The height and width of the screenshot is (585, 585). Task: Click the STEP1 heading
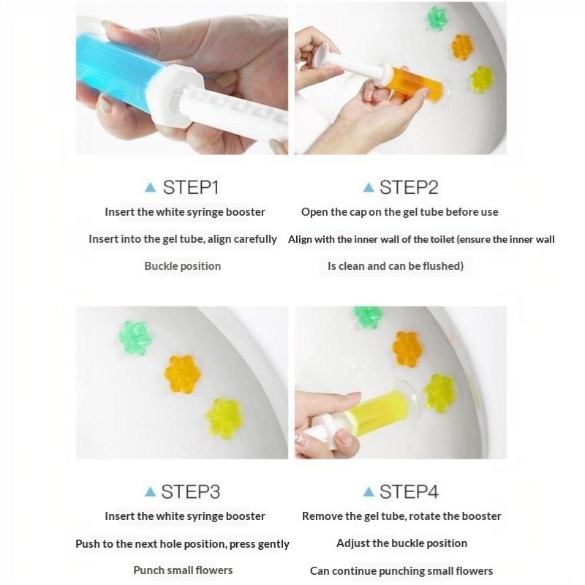pyautogui.click(x=191, y=187)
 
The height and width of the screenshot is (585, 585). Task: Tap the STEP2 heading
pyautogui.click(x=409, y=187)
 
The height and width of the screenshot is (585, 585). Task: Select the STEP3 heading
pyautogui.click(x=191, y=491)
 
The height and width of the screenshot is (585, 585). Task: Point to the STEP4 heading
pyautogui.click(x=409, y=491)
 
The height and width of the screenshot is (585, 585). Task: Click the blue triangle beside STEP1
pyautogui.click(x=151, y=187)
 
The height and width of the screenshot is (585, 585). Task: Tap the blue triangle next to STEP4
pyautogui.click(x=369, y=491)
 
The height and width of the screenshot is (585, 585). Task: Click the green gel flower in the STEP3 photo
pyautogui.click(x=135, y=338)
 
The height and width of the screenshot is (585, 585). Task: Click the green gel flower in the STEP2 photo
pyautogui.click(x=437, y=18)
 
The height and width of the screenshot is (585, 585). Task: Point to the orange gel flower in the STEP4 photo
pyautogui.click(x=407, y=349)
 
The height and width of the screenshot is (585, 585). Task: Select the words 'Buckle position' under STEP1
pyautogui.click(x=182, y=266)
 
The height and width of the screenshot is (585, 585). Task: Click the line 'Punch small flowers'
pyautogui.click(x=183, y=570)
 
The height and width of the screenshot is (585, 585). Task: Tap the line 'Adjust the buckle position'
pyautogui.click(x=401, y=543)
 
